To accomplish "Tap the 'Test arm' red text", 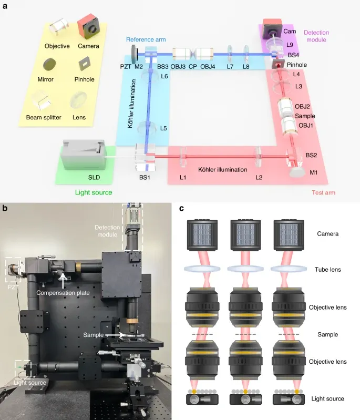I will tap(323, 193).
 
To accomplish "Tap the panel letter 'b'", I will tap(5, 208).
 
